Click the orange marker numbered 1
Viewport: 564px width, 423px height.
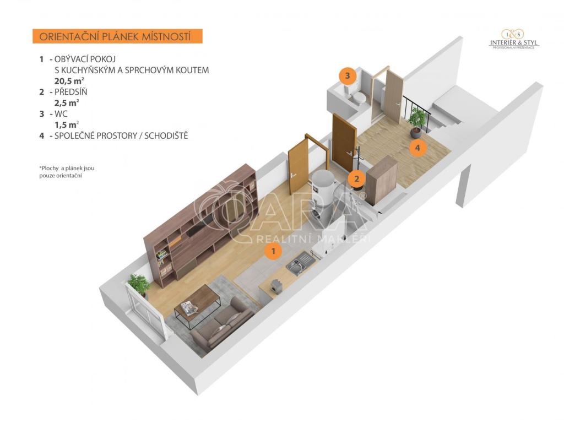click(273, 251)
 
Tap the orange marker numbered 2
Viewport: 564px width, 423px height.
click(357, 178)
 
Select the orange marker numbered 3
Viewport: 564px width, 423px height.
click(348, 76)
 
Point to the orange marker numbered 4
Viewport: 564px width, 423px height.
click(417, 148)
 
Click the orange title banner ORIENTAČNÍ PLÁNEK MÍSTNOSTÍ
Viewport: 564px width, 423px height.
click(117, 36)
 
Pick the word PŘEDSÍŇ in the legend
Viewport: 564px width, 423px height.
click(71, 92)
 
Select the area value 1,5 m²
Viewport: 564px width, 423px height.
click(67, 125)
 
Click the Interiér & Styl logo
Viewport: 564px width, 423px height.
click(513, 39)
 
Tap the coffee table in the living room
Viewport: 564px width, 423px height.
click(198, 306)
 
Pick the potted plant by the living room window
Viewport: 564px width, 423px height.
click(138, 284)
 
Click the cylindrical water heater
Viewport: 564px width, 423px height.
click(323, 197)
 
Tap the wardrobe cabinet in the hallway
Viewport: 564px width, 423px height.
click(382, 180)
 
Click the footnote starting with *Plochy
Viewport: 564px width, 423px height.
click(67, 172)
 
